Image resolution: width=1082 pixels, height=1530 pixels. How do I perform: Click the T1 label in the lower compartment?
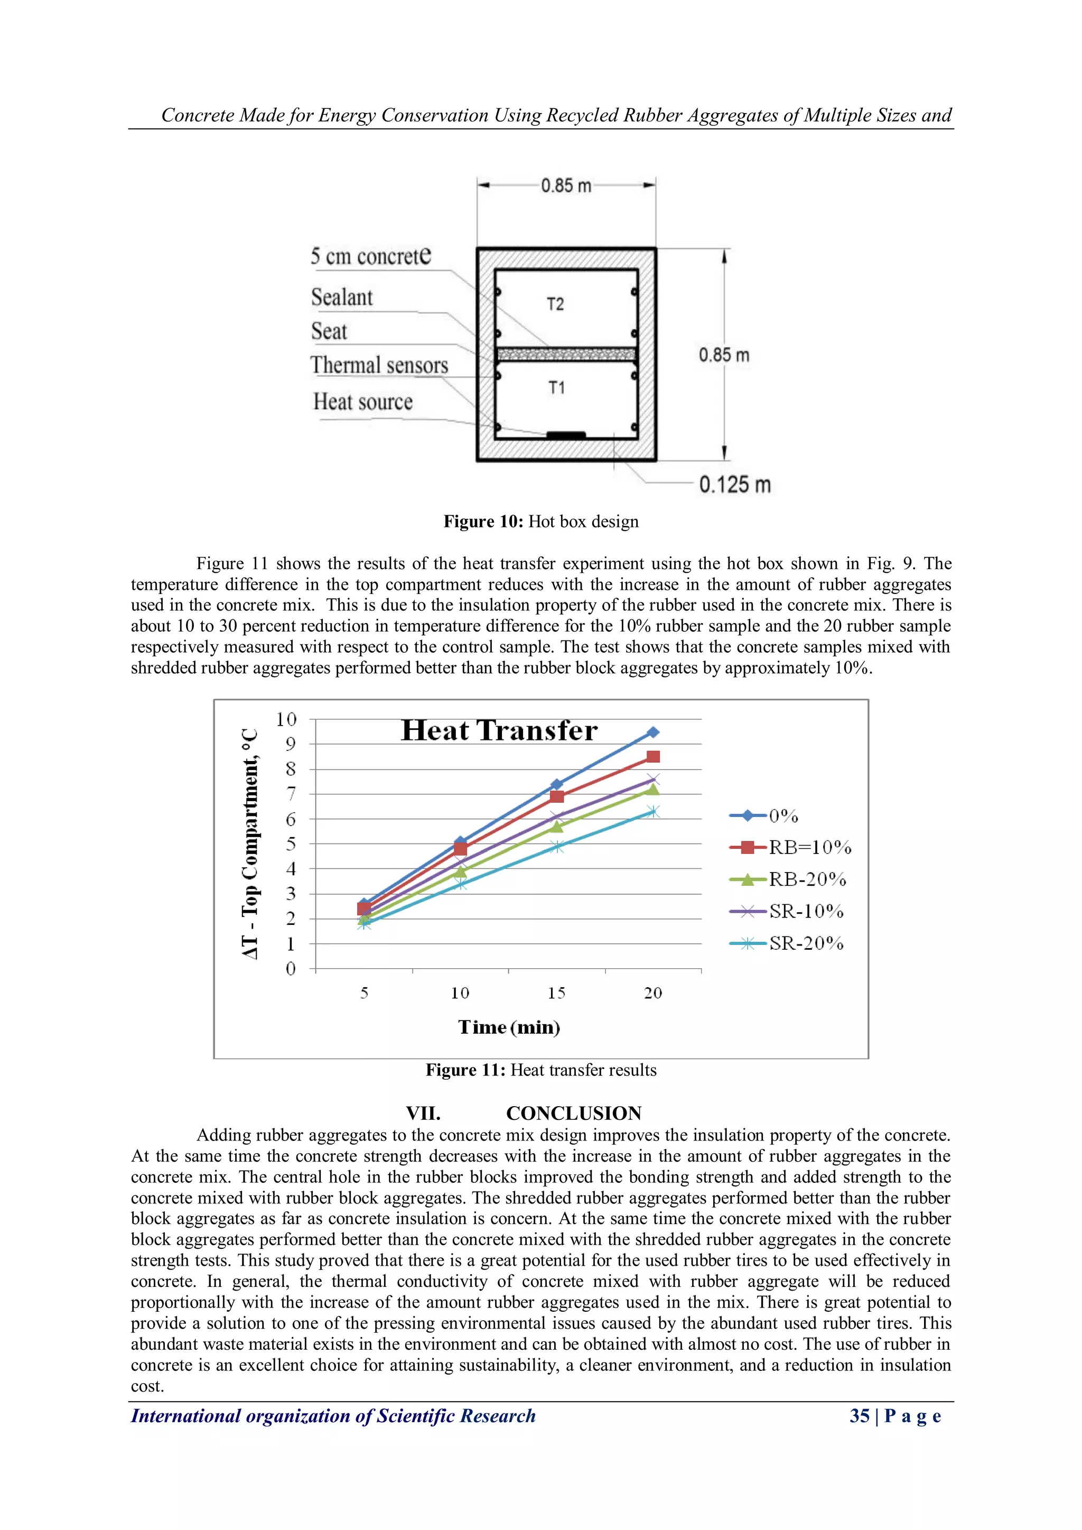click(556, 388)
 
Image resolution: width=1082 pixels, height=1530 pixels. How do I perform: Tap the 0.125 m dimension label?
click(734, 485)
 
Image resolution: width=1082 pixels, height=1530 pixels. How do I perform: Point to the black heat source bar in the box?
click(566, 435)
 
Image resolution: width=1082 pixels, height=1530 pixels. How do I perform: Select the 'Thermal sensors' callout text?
click(379, 365)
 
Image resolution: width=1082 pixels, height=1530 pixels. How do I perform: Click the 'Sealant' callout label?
click(342, 297)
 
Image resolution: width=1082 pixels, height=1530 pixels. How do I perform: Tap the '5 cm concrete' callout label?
click(370, 256)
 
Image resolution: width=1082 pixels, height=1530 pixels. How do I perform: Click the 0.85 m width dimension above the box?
click(566, 186)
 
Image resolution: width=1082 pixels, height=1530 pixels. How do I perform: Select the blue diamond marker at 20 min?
click(653, 732)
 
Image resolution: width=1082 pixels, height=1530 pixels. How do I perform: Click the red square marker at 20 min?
click(653, 756)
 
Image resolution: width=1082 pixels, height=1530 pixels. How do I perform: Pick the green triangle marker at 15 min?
click(556, 827)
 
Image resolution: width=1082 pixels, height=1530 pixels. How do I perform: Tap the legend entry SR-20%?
click(806, 943)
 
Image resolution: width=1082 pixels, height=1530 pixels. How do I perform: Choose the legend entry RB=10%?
click(809, 848)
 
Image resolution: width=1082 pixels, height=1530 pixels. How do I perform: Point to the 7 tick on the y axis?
click(291, 794)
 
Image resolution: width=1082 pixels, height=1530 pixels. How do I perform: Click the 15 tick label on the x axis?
click(556, 993)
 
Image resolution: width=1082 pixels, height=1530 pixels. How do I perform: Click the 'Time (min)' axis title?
click(509, 1027)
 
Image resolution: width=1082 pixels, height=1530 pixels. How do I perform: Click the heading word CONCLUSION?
click(574, 1114)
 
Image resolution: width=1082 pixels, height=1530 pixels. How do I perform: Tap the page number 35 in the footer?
click(859, 1415)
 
